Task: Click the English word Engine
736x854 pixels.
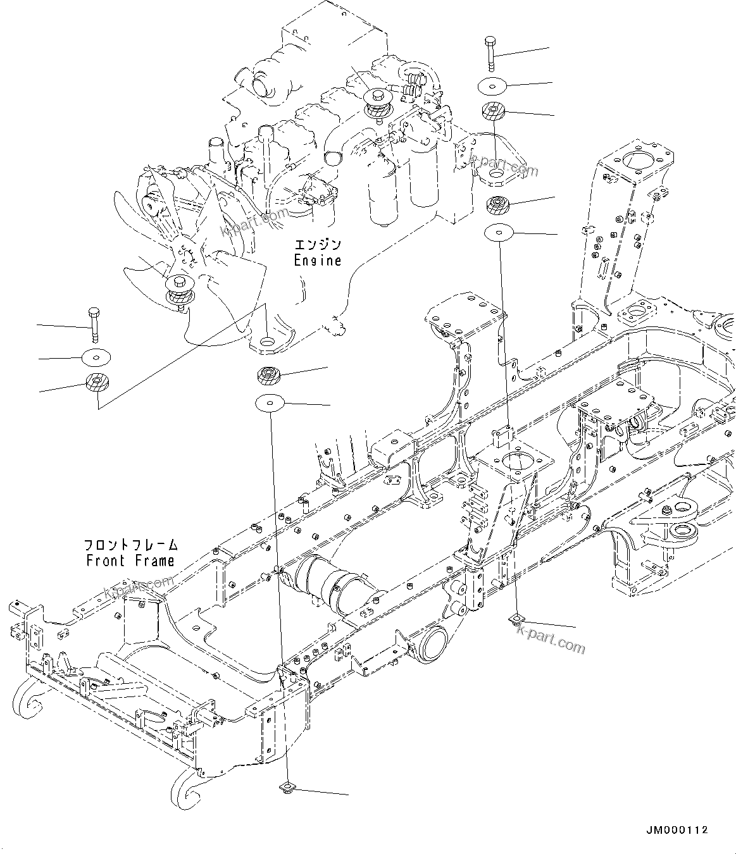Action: [318, 261]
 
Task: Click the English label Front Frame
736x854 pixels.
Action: [130, 560]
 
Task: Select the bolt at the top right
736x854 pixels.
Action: [490, 54]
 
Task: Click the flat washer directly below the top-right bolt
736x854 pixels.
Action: [492, 87]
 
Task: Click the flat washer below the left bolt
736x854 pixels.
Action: [96, 357]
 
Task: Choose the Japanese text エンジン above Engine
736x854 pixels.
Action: [318, 245]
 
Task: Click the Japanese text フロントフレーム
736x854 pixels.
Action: [131, 545]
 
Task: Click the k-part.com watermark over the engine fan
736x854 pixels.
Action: [254, 221]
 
